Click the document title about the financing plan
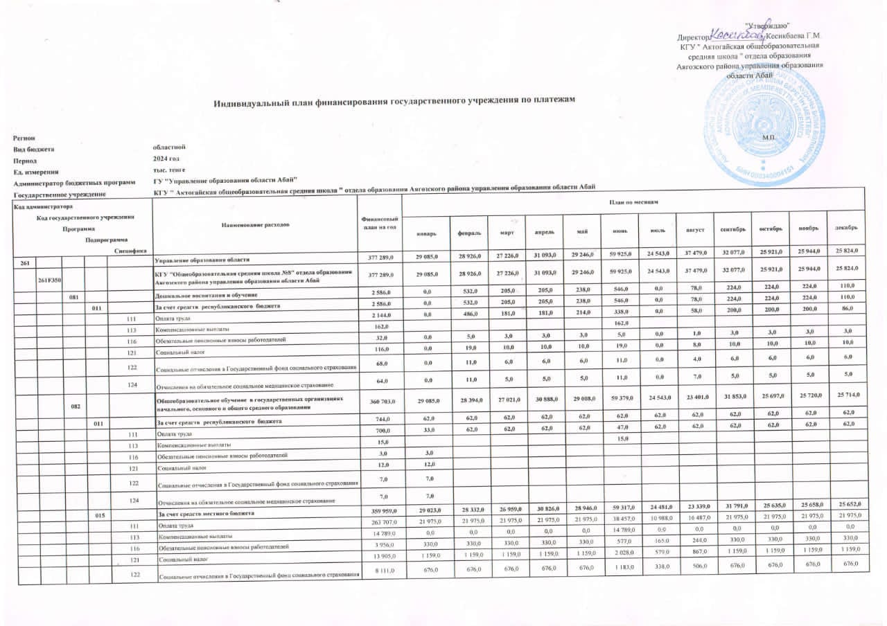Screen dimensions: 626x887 (394, 102)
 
